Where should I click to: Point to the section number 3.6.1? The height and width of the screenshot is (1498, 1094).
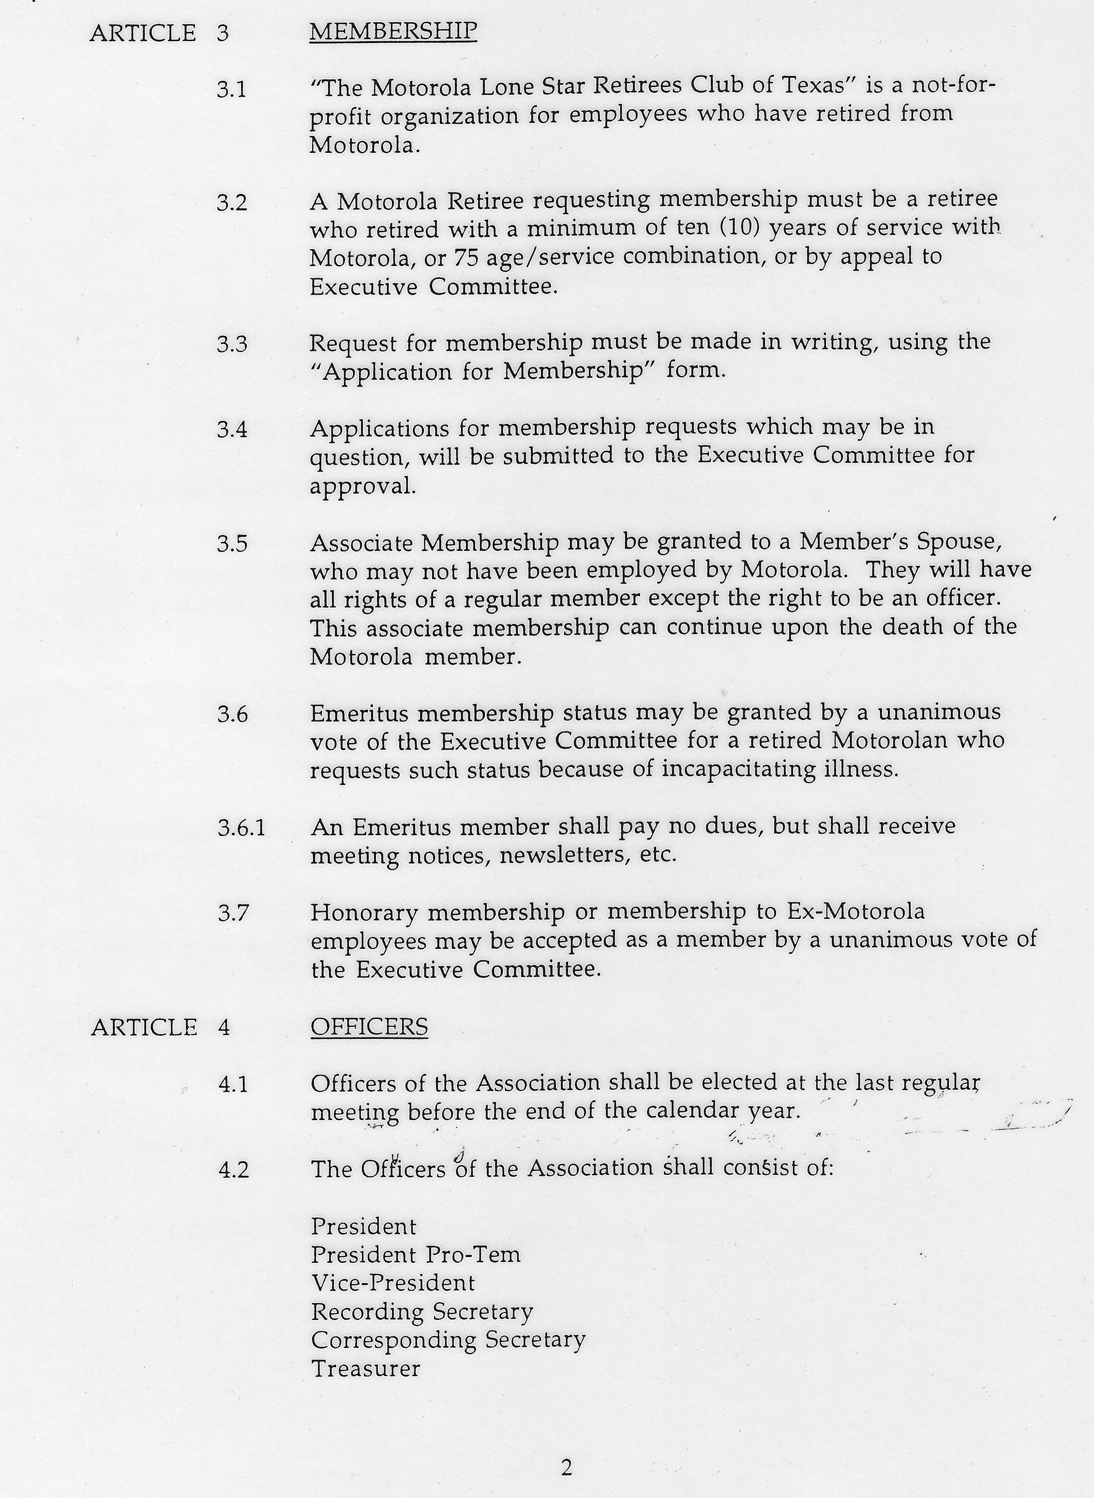(241, 828)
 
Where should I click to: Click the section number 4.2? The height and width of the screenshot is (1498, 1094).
(233, 1170)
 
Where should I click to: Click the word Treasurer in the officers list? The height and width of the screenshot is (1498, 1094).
(365, 1369)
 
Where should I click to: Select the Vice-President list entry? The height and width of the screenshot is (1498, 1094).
(393, 1284)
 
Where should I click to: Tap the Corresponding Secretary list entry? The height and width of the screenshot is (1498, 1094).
(449, 1340)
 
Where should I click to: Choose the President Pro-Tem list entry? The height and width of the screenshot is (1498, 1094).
(415, 1255)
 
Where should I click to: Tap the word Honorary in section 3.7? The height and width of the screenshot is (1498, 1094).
(365, 913)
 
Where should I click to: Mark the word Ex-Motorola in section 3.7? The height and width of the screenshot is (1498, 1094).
(855, 912)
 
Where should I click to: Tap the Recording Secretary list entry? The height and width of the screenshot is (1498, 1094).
(422, 1312)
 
